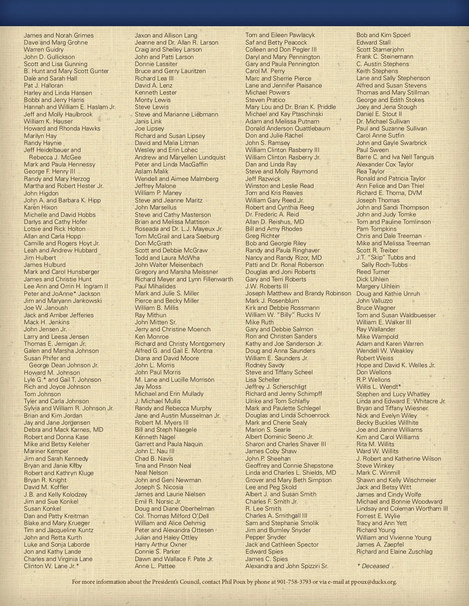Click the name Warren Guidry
[x=43, y=50]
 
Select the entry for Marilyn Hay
[x=40, y=136]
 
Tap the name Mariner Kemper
[x=46, y=451]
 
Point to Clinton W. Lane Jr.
[x=51, y=566]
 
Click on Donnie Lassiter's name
[x=156, y=64]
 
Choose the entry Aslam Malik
[x=152, y=172]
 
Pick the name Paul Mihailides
[x=155, y=286]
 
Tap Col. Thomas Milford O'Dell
[x=172, y=516]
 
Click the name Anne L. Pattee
[x=155, y=566]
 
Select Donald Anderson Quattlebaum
[x=288, y=129]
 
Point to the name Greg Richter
[x=263, y=236]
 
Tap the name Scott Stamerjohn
[x=380, y=50]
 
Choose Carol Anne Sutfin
[x=380, y=136]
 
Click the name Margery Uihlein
[x=378, y=286]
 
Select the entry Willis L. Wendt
[x=379, y=387]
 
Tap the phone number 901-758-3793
[x=294, y=582]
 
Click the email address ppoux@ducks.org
[x=374, y=582]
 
